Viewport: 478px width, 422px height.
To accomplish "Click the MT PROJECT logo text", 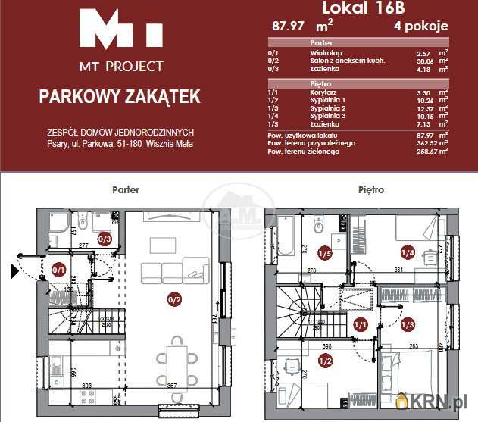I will click(121, 66).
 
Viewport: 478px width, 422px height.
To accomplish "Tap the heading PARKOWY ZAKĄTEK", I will click(120, 96).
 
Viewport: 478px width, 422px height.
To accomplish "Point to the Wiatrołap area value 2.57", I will click(424, 53).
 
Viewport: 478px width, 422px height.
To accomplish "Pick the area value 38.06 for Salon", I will click(424, 61).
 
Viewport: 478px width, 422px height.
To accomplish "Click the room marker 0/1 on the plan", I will click(59, 269).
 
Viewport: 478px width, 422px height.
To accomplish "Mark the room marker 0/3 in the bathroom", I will click(105, 239).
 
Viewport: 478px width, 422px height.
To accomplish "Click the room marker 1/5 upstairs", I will click(325, 253).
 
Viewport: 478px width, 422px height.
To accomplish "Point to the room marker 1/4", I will click(408, 253).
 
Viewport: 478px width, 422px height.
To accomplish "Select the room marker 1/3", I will click(408, 324).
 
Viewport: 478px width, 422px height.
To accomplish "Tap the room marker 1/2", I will click(325, 361).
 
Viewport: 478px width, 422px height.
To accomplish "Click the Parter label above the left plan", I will click(125, 190).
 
